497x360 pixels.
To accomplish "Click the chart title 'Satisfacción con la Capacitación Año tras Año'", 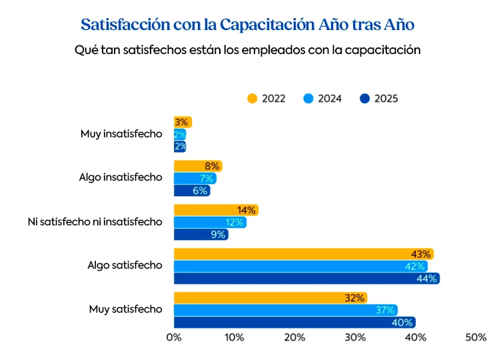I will click(248, 25).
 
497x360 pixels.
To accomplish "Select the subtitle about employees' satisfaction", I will click(248, 51).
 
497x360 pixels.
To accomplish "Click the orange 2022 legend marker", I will click(252, 99).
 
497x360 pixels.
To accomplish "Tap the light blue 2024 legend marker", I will click(308, 99).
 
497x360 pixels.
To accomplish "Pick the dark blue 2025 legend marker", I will click(364, 99).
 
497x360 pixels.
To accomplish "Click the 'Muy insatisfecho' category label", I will click(121, 134).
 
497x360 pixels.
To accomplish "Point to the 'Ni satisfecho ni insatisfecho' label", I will click(95, 221).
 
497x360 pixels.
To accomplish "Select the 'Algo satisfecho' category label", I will click(125, 265).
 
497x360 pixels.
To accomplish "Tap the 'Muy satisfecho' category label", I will click(125, 309).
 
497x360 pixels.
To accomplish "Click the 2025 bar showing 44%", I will click(306, 279).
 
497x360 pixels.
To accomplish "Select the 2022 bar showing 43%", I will click(303, 254).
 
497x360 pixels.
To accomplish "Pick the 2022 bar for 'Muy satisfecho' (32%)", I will click(270, 298).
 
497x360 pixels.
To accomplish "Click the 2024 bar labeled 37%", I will click(285, 310).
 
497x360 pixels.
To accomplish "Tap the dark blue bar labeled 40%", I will click(294, 323).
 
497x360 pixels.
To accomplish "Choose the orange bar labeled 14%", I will click(216, 210).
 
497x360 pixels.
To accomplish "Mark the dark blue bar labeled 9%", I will click(201, 235).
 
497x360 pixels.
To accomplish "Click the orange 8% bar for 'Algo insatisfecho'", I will click(198, 166).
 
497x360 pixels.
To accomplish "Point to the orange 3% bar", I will click(183, 122).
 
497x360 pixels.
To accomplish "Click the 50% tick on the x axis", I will click(476, 338).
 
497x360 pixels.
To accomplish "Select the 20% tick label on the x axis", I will click(294, 338).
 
